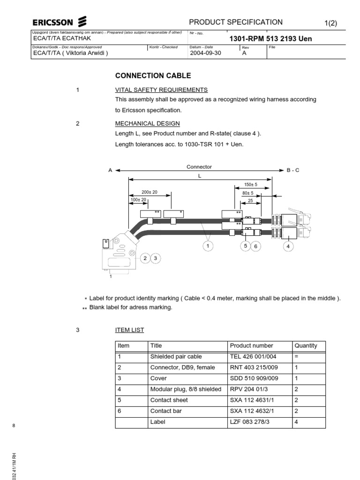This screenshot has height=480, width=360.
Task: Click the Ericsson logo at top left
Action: tap(59, 22)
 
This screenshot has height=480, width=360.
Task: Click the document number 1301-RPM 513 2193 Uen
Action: tap(270, 39)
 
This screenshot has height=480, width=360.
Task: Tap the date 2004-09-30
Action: tap(205, 53)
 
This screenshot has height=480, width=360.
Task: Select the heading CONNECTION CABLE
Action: tap(153, 75)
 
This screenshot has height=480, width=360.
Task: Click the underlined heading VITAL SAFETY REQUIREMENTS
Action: tap(161, 90)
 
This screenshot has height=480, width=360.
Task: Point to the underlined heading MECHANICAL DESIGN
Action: tap(147, 124)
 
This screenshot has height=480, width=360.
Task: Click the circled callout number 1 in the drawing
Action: tap(208, 245)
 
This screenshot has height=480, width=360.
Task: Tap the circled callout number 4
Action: tap(288, 245)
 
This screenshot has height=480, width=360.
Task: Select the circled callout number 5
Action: tap(245, 245)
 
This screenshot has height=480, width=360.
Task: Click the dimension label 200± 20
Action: tap(150, 192)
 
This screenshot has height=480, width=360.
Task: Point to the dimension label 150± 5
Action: tap(251, 185)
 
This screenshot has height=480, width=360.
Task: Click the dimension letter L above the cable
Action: tap(200, 175)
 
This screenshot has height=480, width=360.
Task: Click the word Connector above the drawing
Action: tap(199, 167)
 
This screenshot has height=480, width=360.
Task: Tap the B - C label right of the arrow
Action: tap(293, 170)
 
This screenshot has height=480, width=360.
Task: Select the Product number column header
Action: tap(251, 346)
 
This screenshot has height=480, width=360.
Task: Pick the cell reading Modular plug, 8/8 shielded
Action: tap(186, 389)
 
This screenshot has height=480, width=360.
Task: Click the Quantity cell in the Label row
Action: tap(296, 422)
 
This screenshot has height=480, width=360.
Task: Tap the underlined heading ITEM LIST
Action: tap(129, 330)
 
